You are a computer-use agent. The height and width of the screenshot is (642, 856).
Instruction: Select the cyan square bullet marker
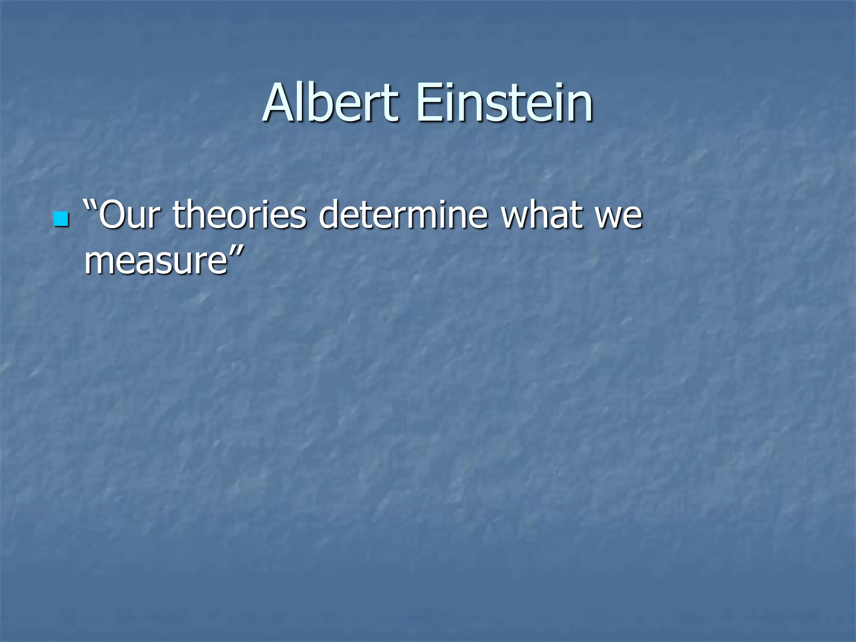(x=61, y=219)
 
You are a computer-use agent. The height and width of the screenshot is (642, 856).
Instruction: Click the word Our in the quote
(x=130, y=215)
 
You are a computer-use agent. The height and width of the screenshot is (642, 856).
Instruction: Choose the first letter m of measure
(x=99, y=262)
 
